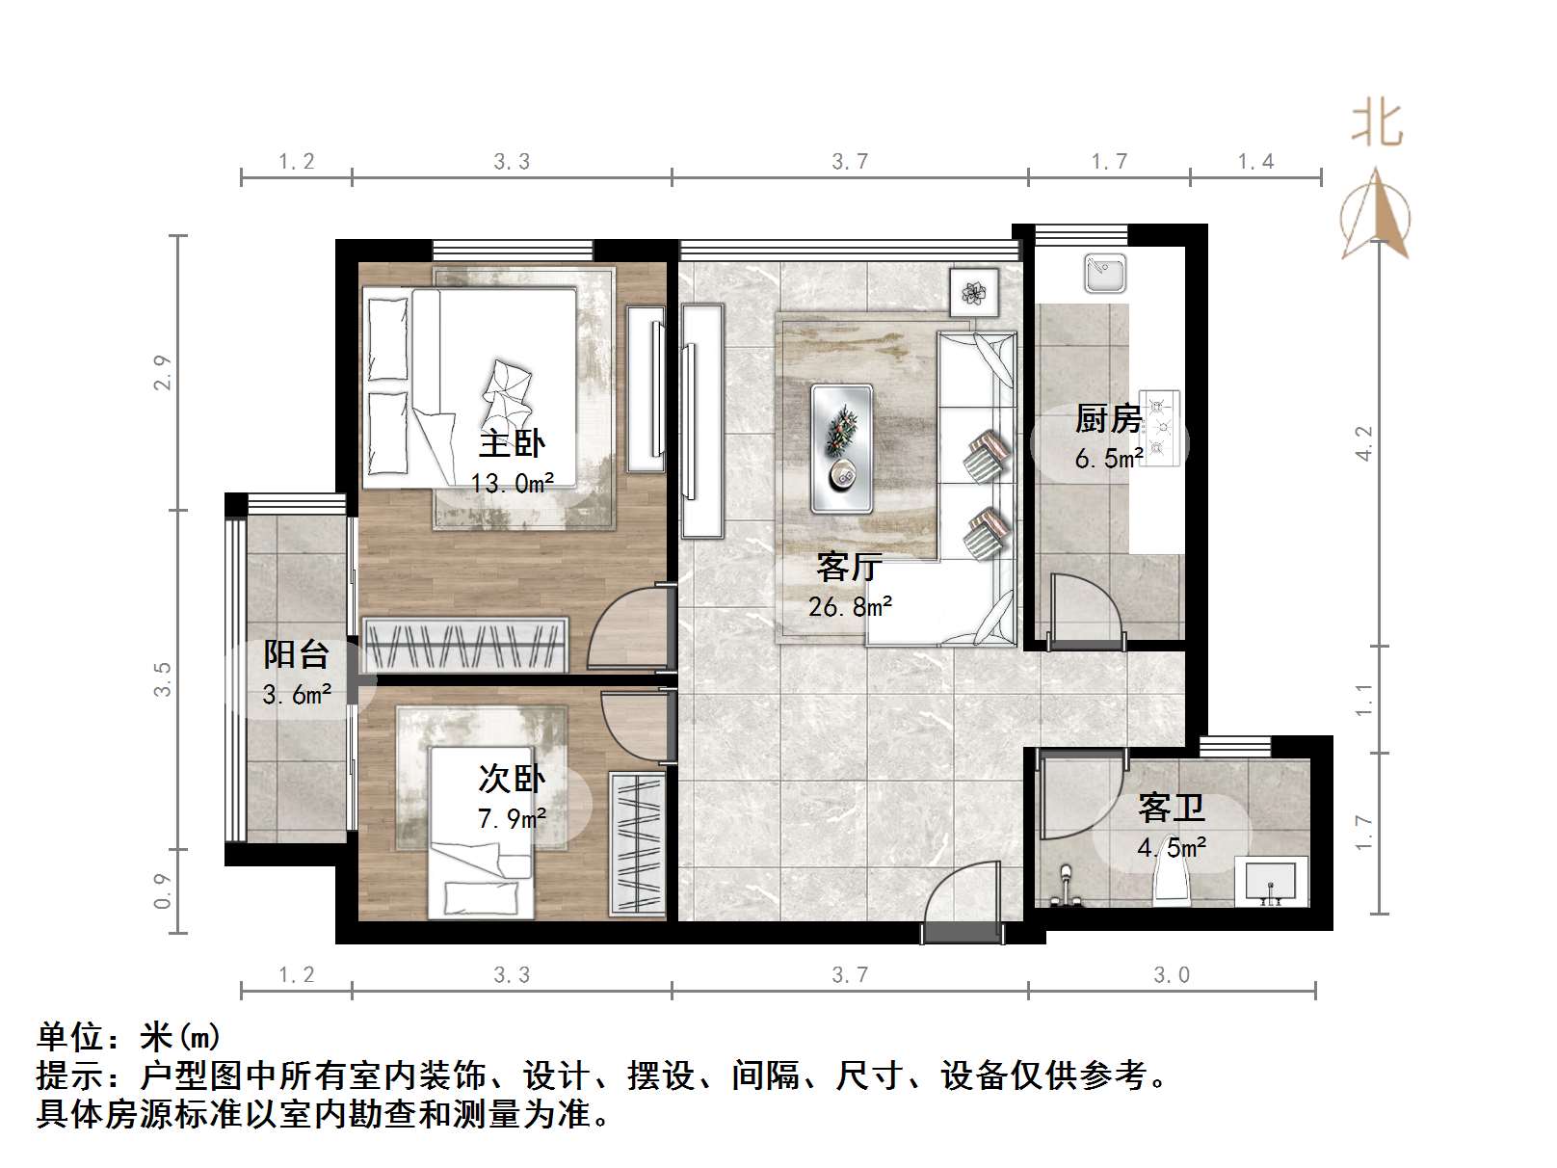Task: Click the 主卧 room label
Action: point(512,444)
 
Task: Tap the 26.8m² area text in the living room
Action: point(850,607)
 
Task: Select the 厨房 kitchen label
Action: point(1108,419)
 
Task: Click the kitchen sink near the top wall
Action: point(1105,273)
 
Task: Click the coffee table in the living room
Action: point(842,448)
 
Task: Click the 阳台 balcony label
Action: point(297,654)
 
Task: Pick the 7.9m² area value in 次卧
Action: point(512,819)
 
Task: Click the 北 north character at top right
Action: point(1377,124)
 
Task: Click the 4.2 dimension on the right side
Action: point(1363,442)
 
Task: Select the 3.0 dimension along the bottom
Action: point(1172,975)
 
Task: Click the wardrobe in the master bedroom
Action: point(464,644)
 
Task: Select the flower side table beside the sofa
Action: point(973,291)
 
